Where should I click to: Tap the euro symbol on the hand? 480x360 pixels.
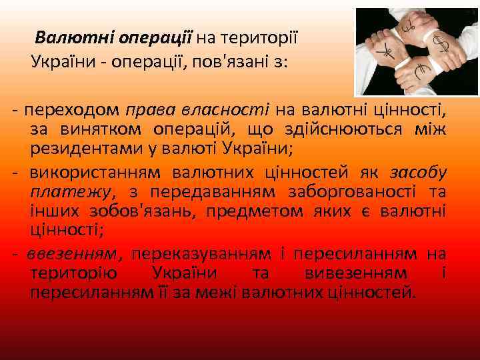[x=421, y=71]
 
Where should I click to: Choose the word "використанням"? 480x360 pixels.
[x=95, y=173]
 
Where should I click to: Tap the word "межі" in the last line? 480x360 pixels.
[x=221, y=292]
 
